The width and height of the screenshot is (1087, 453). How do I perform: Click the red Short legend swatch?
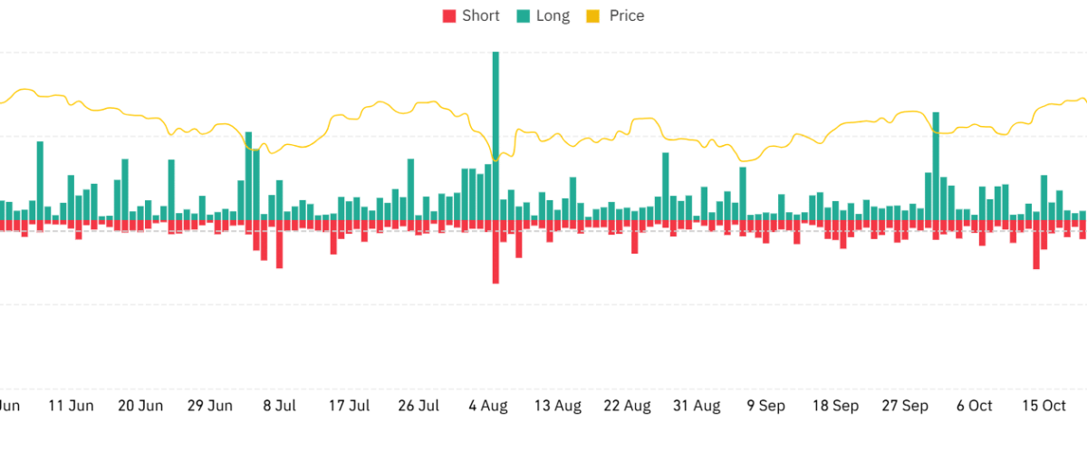pos(449,15)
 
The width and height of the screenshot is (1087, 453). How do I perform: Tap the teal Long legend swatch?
pos(524,15)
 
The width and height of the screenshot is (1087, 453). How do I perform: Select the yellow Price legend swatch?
pos(593,15)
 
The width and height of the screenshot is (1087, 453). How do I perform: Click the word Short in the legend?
pos(480,15)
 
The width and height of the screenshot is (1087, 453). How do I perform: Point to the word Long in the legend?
pos(553,15)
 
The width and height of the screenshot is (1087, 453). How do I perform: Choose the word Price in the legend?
pos(626,15)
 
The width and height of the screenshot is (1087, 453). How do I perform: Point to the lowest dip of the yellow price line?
pos(745,161)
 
